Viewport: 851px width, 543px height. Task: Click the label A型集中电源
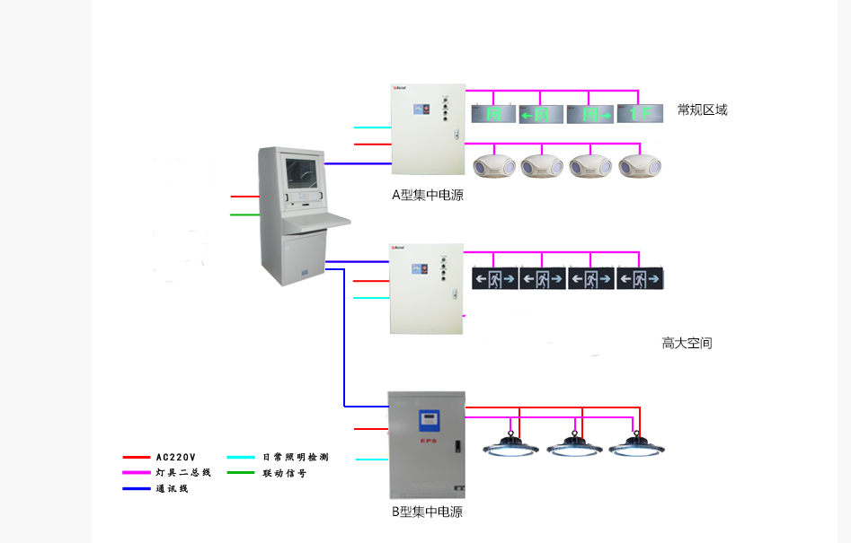(x=427, y=195)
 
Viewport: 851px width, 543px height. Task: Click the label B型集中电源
(x=427, y=512)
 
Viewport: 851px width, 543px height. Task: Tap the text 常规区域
(x=702, y=110)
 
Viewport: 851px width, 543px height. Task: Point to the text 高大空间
(x=687, y=343)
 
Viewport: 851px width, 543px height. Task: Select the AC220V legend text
(x=175, y=458)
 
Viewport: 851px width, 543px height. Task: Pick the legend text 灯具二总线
(x=182, y=473)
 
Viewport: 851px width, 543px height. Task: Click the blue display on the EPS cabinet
(x=428, y=420)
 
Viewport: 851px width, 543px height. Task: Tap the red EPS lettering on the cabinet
(x=428, y=442)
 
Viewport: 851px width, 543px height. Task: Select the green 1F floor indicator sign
(x=640, y=114)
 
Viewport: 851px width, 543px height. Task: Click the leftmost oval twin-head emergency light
(x=495, y=165)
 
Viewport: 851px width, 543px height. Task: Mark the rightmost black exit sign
(x=640, y=279)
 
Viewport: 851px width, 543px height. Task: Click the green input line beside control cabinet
(x=244, y=215)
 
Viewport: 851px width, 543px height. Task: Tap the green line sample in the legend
(x=240, y=473)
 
